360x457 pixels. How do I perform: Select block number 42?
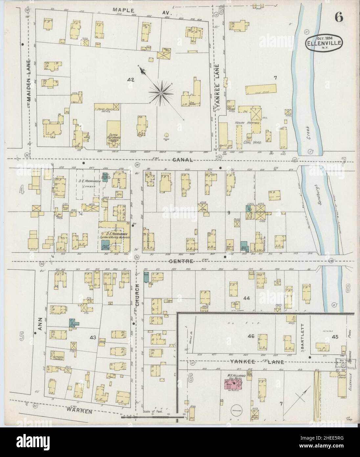click(x=132, y=80)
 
